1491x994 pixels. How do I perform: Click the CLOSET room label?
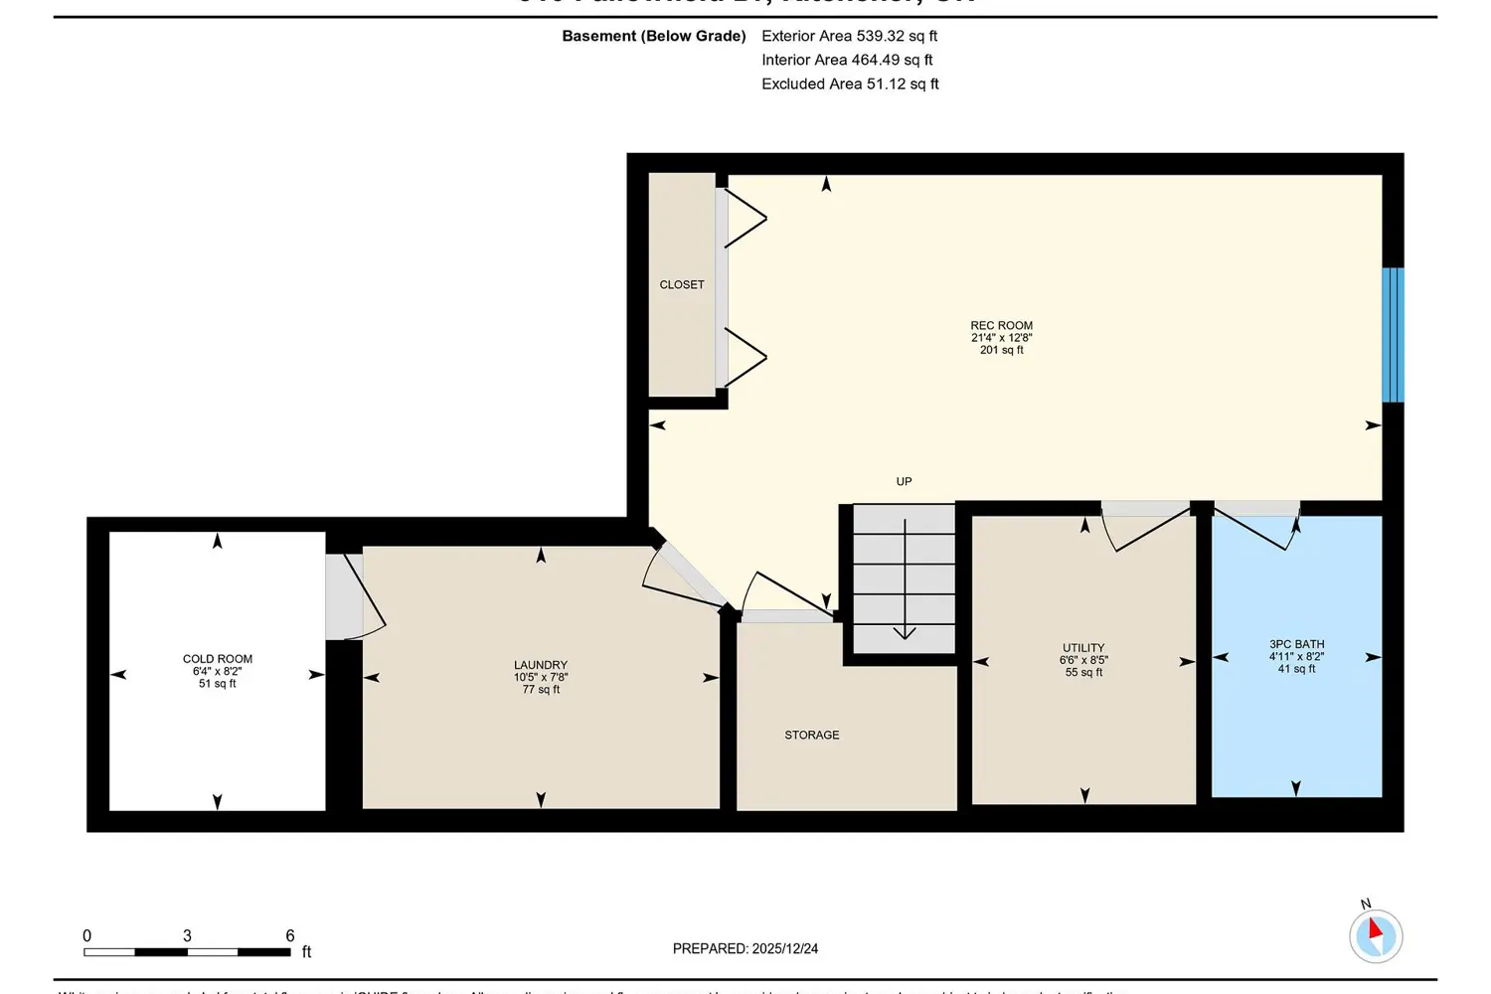682,285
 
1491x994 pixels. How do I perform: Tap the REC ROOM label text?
1001,326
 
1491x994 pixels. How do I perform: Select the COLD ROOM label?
218,659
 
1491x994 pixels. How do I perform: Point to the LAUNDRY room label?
541,665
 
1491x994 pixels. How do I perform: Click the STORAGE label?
812,736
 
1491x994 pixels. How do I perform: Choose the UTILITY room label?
1083,648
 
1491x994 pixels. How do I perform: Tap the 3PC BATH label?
1296,644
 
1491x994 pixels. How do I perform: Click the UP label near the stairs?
904,482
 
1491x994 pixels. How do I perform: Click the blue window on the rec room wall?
1393,335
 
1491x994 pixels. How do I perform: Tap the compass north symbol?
1376,934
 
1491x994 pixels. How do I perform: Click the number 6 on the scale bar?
290,936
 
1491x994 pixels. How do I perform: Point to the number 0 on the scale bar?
87,936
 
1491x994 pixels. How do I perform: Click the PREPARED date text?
745,949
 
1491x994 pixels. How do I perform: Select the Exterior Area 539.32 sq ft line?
849,36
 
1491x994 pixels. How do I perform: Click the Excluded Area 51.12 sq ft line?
850,84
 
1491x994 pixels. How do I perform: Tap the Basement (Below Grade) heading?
654,36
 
